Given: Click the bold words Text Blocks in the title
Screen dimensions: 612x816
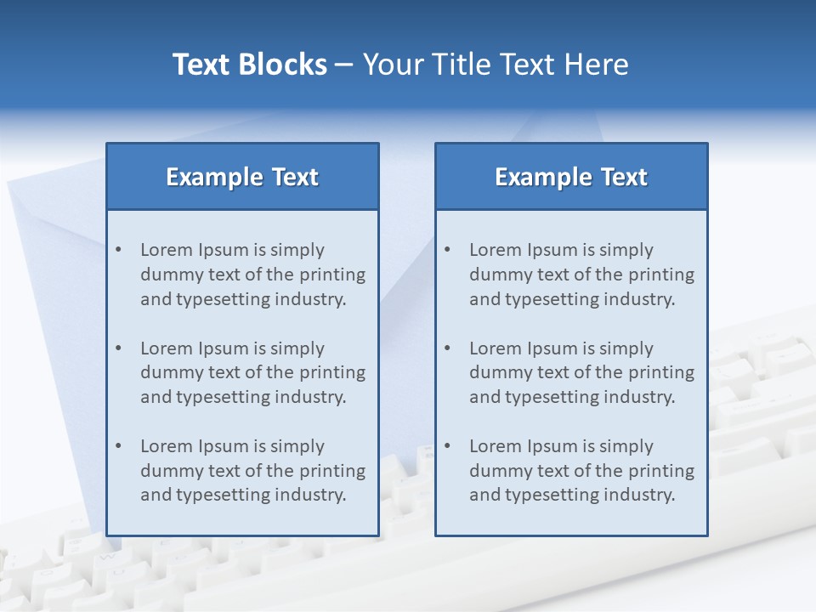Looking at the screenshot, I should [249, 65].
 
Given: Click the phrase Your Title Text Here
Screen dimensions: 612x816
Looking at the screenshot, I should [496, 65].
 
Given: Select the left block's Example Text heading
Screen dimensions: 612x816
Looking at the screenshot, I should [242, 177].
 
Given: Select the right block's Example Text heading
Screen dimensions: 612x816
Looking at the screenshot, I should [571, 177].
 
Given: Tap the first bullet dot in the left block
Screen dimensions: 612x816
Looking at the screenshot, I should [118, 250].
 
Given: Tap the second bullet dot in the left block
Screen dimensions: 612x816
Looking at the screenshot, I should [118, 348].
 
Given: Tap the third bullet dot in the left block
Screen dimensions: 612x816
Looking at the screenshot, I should [118, 446].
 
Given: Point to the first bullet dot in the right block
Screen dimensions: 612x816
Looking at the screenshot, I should [447, 250].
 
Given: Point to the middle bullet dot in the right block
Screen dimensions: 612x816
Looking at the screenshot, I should [447, 348].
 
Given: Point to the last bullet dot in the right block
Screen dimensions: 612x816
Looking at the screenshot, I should [447, 446].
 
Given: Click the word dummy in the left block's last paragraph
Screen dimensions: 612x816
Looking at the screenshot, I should [168, 471].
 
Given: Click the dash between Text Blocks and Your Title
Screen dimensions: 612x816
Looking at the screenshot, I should [344, 65].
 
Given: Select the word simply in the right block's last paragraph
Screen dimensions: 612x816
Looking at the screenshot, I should [626, 446].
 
